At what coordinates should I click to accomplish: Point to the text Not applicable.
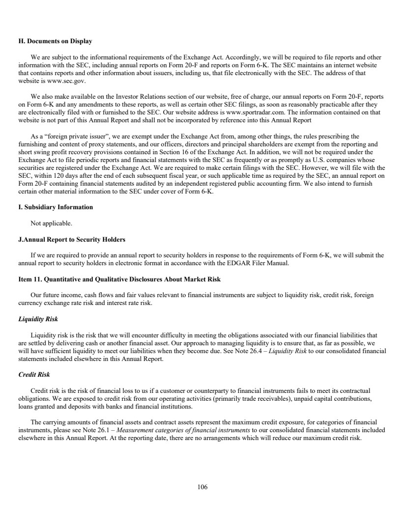pos(52,223)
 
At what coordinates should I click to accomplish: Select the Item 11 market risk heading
pos(119,279)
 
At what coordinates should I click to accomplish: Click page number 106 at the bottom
pos(202,487)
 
